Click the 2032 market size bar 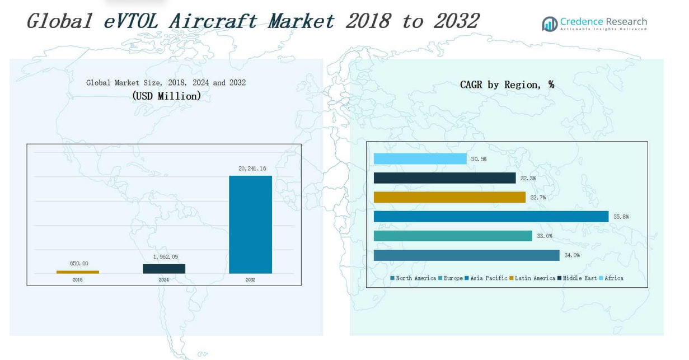coord(250,225)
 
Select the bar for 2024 coord(164,269)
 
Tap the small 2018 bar coord(78,272)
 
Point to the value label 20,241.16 coord(252,169)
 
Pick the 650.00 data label coord(79,264)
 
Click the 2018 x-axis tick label coord(77,280)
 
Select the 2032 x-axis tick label coord(250,280)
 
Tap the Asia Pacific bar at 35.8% coord(491,217)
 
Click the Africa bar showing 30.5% coord(420,159)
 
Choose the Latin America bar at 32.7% coord(449,198)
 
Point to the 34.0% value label coord(571,255)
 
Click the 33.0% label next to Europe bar coord(544,236)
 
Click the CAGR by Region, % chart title coord(507,85)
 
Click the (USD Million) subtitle coord(166,96)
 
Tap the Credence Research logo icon coord(549,24)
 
